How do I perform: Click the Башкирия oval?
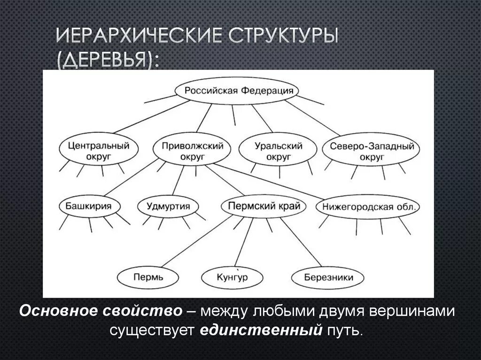pyautogui.click(x=88, y=207)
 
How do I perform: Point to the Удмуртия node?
pyautogui.click(x=168, y=207)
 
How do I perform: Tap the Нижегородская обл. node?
pyautogui.click(x=368, y=207)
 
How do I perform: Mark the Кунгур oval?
pyautogui.click(x=232, y=277)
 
